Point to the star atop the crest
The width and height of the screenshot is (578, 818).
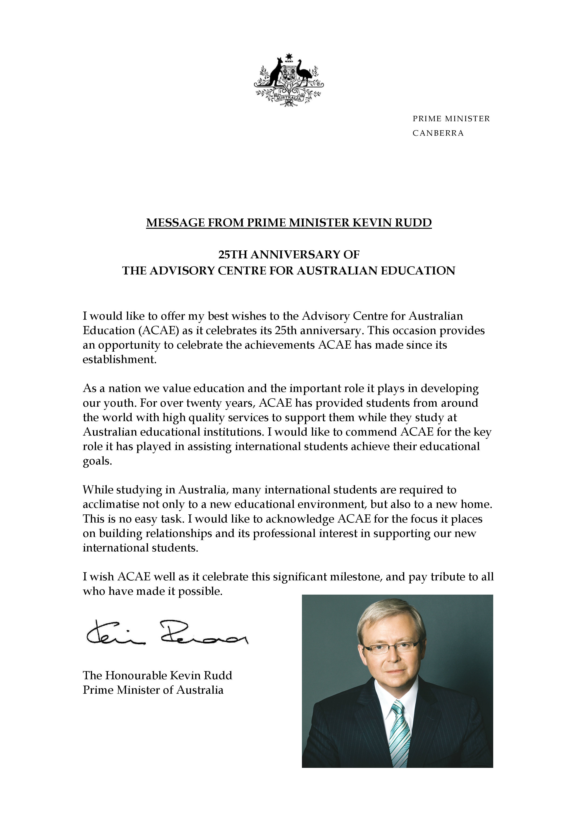click(x=289, y=56)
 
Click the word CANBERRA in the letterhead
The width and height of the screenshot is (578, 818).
click(x=438, y=133)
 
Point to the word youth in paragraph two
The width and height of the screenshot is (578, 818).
click(x=120, y=403)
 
